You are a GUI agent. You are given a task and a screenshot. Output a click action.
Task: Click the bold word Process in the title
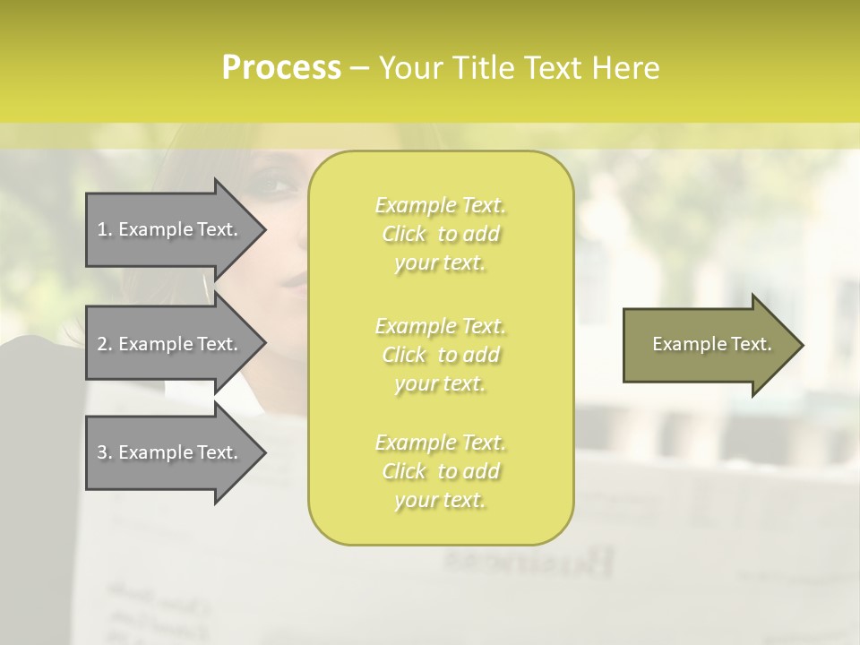coord(281,68)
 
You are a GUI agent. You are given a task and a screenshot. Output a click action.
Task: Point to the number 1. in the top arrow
coord(105,229)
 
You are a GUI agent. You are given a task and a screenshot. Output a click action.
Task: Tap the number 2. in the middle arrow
coord(105,344)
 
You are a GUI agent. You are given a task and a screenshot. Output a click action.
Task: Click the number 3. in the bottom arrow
coord(105,452)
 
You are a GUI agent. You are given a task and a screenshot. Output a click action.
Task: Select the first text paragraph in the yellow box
coord(440,234)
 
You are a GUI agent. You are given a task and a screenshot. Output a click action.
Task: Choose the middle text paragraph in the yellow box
coord(440,355)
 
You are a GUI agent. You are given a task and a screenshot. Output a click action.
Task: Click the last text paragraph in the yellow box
coord(440,471)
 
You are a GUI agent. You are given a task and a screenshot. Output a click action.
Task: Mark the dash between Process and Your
coord(359,68)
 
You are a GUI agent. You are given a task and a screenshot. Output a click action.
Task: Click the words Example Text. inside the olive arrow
coord(712,344)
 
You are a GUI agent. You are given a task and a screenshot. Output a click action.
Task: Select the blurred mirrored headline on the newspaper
coord(529,562)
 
